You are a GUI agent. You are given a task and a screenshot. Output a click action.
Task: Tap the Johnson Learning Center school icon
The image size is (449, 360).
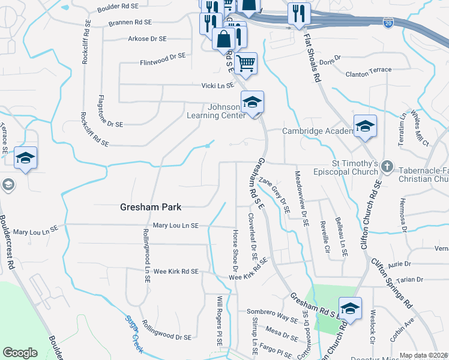253,102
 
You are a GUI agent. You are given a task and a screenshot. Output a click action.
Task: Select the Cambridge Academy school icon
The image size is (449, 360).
365,126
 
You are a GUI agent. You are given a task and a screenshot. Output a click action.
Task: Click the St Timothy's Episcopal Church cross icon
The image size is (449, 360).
388,166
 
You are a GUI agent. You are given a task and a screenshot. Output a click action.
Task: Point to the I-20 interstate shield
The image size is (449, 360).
389,22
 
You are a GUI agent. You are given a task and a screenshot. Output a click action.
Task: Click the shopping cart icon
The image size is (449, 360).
246,62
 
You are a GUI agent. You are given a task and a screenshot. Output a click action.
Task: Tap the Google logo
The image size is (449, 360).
20,353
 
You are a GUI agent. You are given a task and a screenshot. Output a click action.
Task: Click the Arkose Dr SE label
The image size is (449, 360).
146,38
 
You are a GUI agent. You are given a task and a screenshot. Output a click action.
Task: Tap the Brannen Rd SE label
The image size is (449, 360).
130,22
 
